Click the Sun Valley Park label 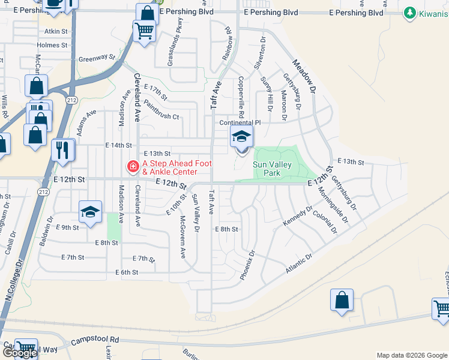point(272,169)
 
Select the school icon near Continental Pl point(241,138)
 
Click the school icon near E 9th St point(90,212)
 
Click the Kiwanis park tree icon point(411,12)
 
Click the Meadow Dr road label point(304,76)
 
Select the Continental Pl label point(240,122)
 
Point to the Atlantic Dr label point(299,265)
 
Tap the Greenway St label point(97,58)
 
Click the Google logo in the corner point(19,353)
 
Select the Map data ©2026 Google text point(411,355)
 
